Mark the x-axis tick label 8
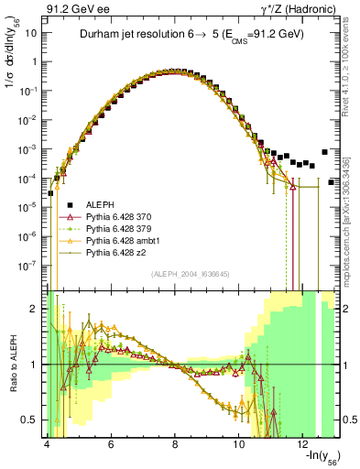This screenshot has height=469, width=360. pos(175,443)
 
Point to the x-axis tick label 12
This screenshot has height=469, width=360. pos(304,443)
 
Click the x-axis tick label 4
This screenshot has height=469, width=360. pos(46,443)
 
